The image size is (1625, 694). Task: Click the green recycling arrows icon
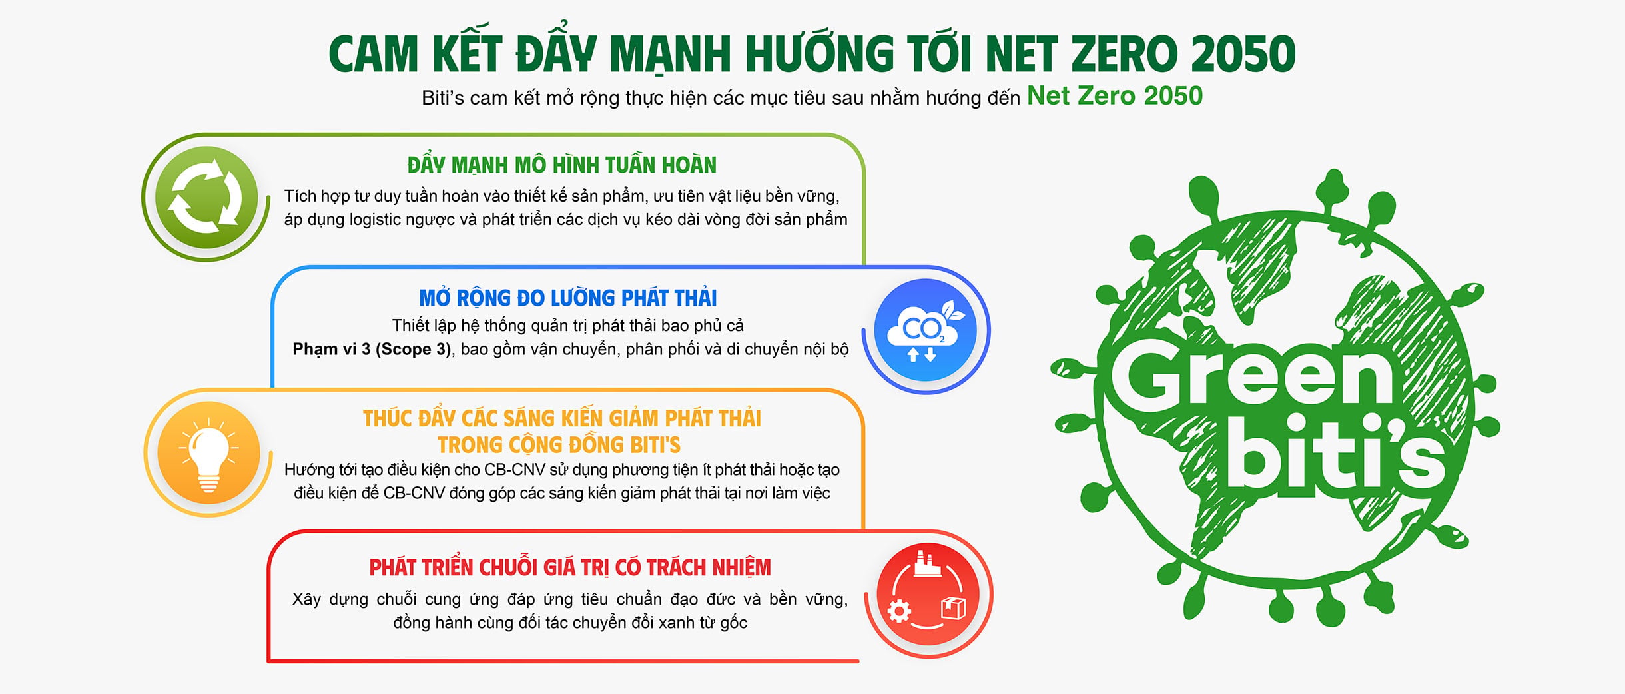click(x=206, y=197)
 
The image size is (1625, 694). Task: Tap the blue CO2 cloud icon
click(x=925, y=330)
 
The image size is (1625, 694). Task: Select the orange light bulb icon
click(x=208, y=453)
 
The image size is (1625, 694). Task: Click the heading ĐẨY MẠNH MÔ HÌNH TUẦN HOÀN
click(x=562, y=165)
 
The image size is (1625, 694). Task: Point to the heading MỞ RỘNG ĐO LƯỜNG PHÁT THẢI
click(x=568, y=298)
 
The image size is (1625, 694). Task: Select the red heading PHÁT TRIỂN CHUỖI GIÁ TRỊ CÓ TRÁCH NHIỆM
click(x=570, y=567)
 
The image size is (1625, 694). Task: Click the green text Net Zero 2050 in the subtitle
click(x=1115, y=96)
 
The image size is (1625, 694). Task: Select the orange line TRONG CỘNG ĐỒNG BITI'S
click(x=559, y=444)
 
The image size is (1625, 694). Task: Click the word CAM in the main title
click(x=374, y=54)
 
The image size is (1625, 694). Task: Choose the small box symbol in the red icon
click(x=953, y=608)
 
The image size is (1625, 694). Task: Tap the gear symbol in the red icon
click(x=899, y=610)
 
